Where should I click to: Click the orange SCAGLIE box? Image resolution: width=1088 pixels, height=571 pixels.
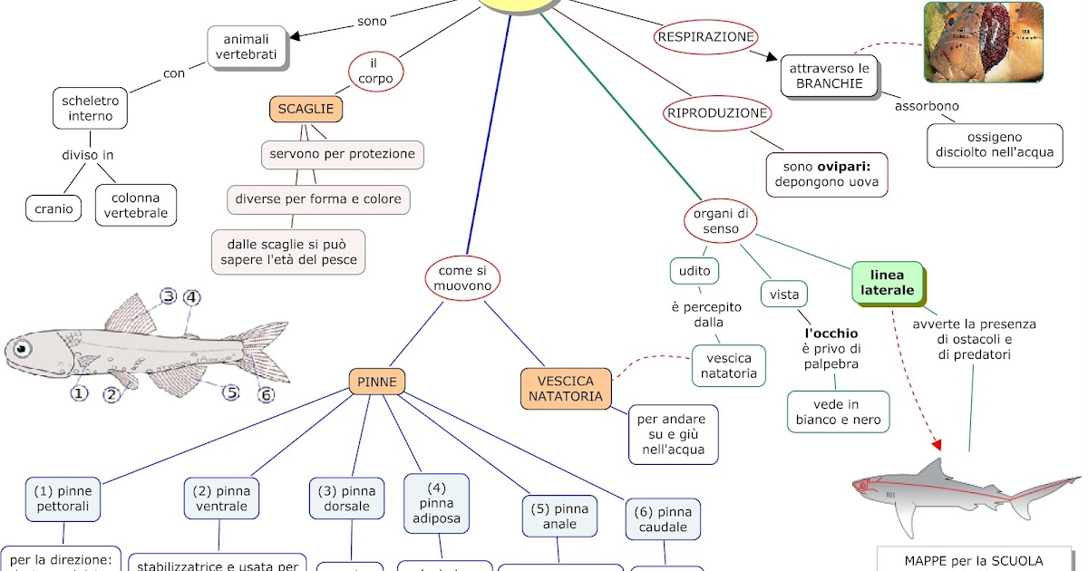coord(306,110)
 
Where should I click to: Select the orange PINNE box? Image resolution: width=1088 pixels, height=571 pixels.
coord(376,382)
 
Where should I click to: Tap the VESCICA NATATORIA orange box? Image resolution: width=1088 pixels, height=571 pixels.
coord(566,389)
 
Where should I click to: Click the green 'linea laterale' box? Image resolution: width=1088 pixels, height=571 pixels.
coord(887,283)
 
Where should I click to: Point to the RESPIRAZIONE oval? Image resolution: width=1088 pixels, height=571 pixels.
coord(705,37)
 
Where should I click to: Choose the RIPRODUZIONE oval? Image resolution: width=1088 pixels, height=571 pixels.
coord(717,113)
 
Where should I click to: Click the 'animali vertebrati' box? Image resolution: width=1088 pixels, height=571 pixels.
coord(247,47)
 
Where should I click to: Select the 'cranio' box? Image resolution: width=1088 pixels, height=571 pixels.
coord(53,208)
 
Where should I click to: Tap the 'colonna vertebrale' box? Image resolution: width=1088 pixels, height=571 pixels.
coord(136,206)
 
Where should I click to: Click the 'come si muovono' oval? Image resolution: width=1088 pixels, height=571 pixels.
coord(463,278)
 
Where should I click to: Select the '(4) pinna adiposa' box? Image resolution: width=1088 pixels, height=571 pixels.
coord(440,503)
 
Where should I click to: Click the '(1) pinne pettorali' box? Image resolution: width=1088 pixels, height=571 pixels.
coord(63,498)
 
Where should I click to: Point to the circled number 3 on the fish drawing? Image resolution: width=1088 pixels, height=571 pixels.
coord(168,296)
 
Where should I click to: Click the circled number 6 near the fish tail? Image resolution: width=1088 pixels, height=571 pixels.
coord(266,395)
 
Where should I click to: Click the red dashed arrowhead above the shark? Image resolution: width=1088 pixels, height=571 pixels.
coord(937,444)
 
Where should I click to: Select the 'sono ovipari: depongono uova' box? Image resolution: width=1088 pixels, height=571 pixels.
coord(826,175)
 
